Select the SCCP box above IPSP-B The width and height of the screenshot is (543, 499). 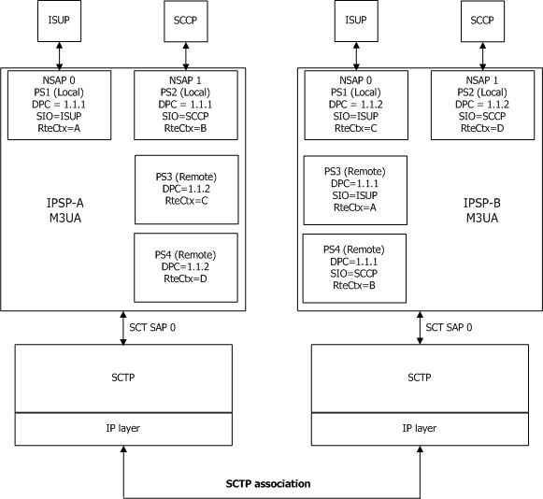[x=480, y=21]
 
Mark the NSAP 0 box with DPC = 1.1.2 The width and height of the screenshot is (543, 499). [x=356, y=105]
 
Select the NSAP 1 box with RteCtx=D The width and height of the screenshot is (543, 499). [x=480, y=105]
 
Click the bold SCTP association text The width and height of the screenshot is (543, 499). [x=269, y=484]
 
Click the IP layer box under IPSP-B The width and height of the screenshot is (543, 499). [x=419, y=427]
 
